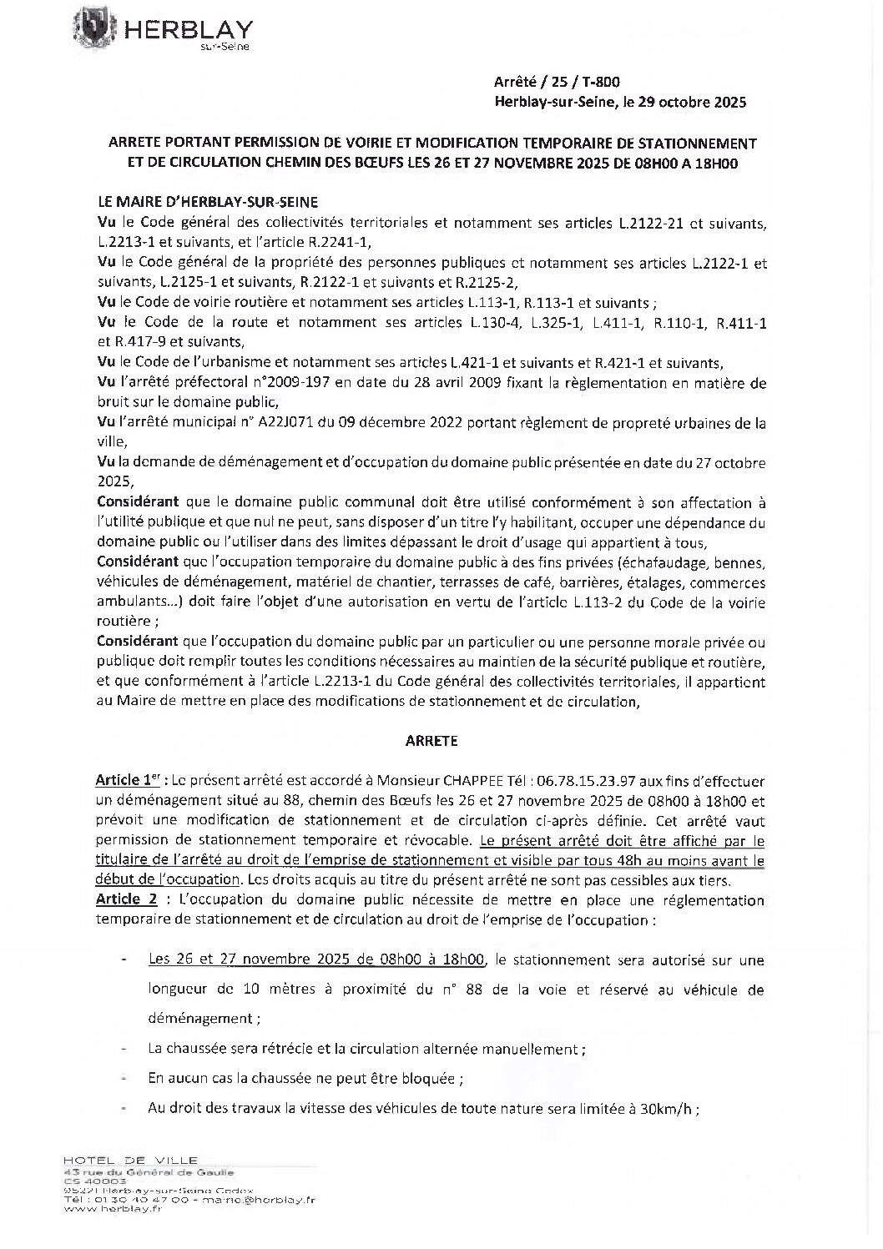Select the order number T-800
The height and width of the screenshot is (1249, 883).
click(x=601, y=82)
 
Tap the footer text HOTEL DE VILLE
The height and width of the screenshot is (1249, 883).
click(x=131, y=1160)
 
